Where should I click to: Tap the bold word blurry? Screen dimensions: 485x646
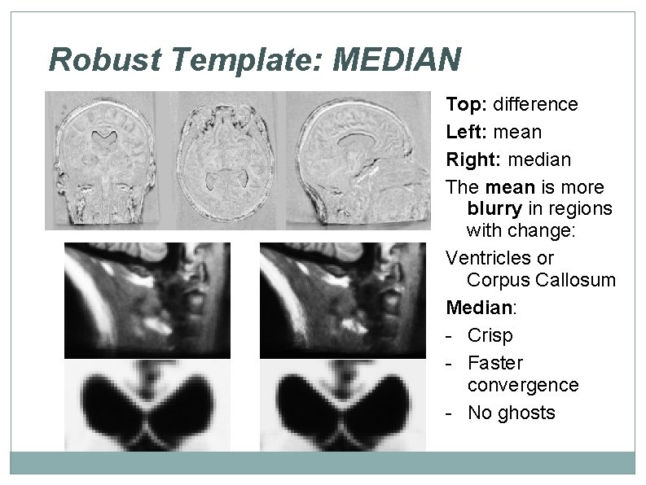(x=494, y=208)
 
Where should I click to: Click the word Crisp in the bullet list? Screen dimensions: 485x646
(x=490, y=335)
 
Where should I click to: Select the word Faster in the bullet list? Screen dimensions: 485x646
(x=495, y=362)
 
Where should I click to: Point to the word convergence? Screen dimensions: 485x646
(x=523, y=384)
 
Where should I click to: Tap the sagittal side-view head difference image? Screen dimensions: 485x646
(x=363, y=160)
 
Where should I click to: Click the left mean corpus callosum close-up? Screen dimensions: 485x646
(x=147, y=299)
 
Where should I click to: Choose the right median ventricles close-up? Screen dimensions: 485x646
(x=343, y=404)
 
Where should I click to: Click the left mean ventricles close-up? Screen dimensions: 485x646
(x=147, y=404)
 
